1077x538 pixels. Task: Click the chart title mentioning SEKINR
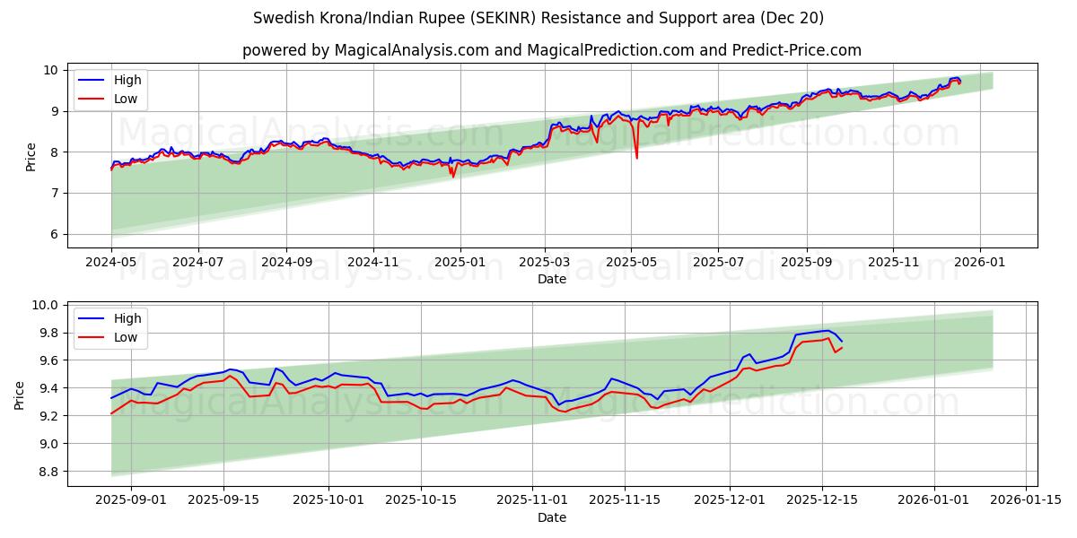[x=538, y=18]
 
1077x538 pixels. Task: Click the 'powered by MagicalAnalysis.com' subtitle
[x=551, y=50]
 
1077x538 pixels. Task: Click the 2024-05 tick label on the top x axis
[x=111, y=263]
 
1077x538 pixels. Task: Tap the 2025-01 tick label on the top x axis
[x=460, y=263]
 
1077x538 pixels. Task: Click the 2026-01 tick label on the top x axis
[x=979, y=263]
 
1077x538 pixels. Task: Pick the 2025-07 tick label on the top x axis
[x=718, y=263]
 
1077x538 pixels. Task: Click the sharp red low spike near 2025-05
[x=637, y=158]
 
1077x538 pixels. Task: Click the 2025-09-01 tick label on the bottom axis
[x=131, y=500]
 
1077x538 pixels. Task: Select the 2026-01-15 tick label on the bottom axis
[x=1026, y=500]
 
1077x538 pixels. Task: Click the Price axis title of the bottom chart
[x=20, y=395]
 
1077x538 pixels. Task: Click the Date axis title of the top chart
[x=551, y=279]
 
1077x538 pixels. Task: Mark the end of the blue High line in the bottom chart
[x=842, y=342]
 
